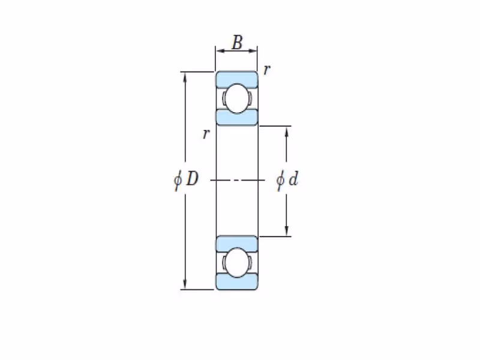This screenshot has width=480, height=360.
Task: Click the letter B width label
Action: click(x=237, y=42)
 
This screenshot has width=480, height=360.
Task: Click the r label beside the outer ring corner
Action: click(x=267, y=70)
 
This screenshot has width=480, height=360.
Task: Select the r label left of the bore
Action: click(x=206, y=134)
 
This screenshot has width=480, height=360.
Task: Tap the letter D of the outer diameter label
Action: click(x=193, y=178)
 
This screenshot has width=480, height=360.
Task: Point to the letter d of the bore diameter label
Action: click(x=293, y=178)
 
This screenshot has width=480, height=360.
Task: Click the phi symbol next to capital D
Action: click(x=178, y=180)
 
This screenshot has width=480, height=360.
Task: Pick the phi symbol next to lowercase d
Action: click(x=280, y=181)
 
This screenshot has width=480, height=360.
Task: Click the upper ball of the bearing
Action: click(x=237, y=98)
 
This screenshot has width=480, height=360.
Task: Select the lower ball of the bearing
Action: click(x=237, y=263)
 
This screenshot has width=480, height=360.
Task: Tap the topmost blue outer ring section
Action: click(x=236, y=79)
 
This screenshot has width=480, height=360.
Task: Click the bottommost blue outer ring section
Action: click(x=236, y=281)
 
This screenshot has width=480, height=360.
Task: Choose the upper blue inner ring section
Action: click(x=236, y=118)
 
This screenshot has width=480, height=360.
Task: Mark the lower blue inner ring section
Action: click(x=236, y=244)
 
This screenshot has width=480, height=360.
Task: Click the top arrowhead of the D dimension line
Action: click(x=185, y=77)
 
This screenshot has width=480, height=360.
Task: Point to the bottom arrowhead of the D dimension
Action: click(x=185, y=284)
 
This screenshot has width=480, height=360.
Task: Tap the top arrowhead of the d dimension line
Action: click(x=287, y=131)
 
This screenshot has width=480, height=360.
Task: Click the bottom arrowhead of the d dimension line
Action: click(x=287, y=231)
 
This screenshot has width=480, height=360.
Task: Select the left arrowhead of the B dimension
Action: click(x=221, y=51)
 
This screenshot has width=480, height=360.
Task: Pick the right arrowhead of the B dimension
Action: click(x=252, y=51)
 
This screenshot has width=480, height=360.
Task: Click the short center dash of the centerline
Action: click(x=237, y=181)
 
